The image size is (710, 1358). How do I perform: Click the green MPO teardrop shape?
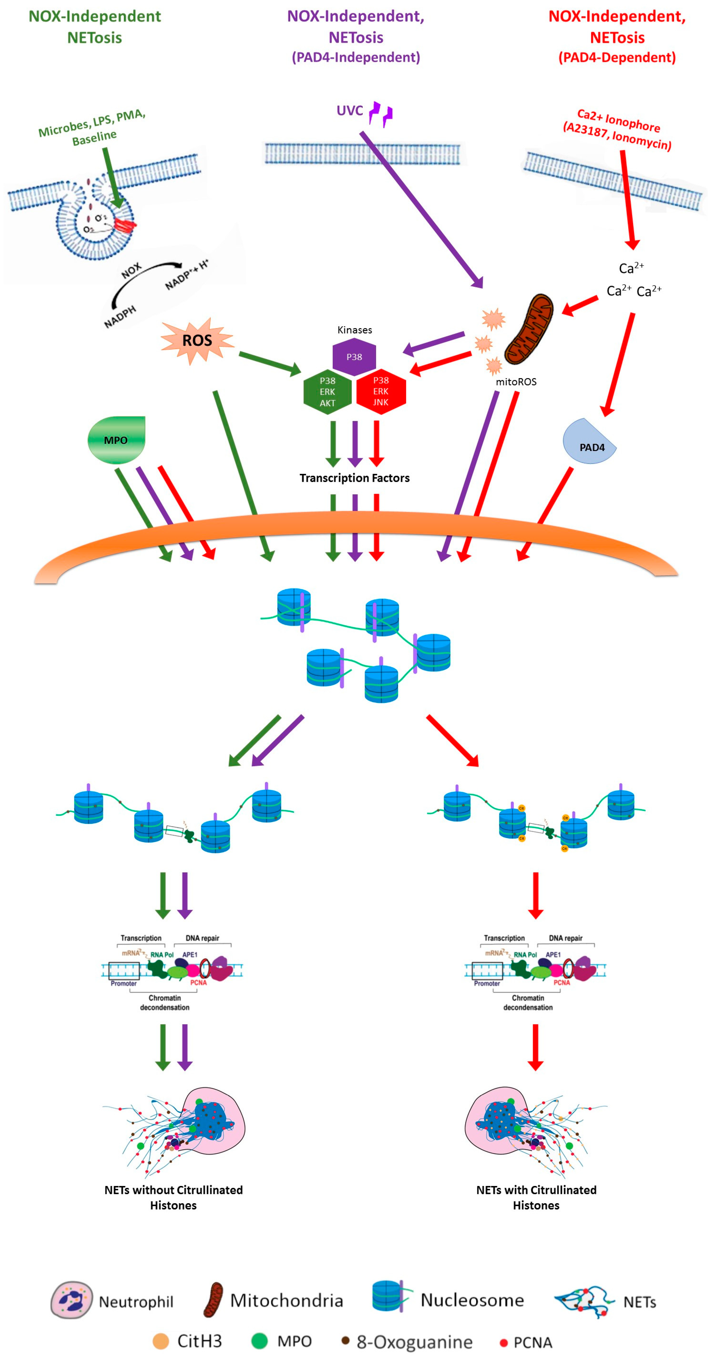pos(116,440)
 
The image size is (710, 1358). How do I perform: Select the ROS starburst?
pos(197,340)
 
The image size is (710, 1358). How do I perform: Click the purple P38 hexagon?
pos(354,357)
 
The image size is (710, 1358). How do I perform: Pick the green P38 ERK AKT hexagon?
pos(327,392)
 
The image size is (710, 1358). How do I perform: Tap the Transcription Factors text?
pos(354,478)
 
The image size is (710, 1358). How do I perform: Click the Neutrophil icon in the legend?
pos(72,1300)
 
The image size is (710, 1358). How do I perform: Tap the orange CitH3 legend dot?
pos(160,1340)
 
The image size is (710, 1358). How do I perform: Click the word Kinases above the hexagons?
pos(354,330)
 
